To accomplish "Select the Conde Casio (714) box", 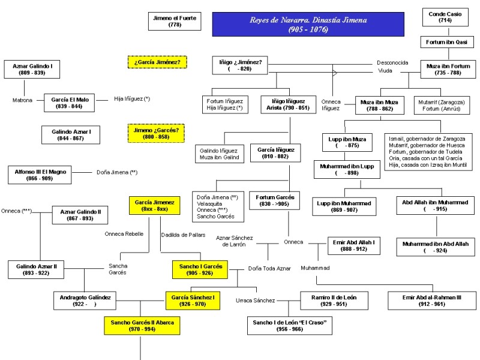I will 445,17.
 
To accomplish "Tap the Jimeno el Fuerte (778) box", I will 175,22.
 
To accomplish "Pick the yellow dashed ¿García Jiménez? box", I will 158,62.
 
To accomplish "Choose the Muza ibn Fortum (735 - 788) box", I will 447,69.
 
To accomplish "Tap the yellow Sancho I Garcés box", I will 200,269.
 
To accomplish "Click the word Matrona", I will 22,100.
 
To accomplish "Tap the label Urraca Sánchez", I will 255,300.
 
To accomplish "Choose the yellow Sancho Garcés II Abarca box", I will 142,326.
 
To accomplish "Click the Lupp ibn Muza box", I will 347,142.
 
